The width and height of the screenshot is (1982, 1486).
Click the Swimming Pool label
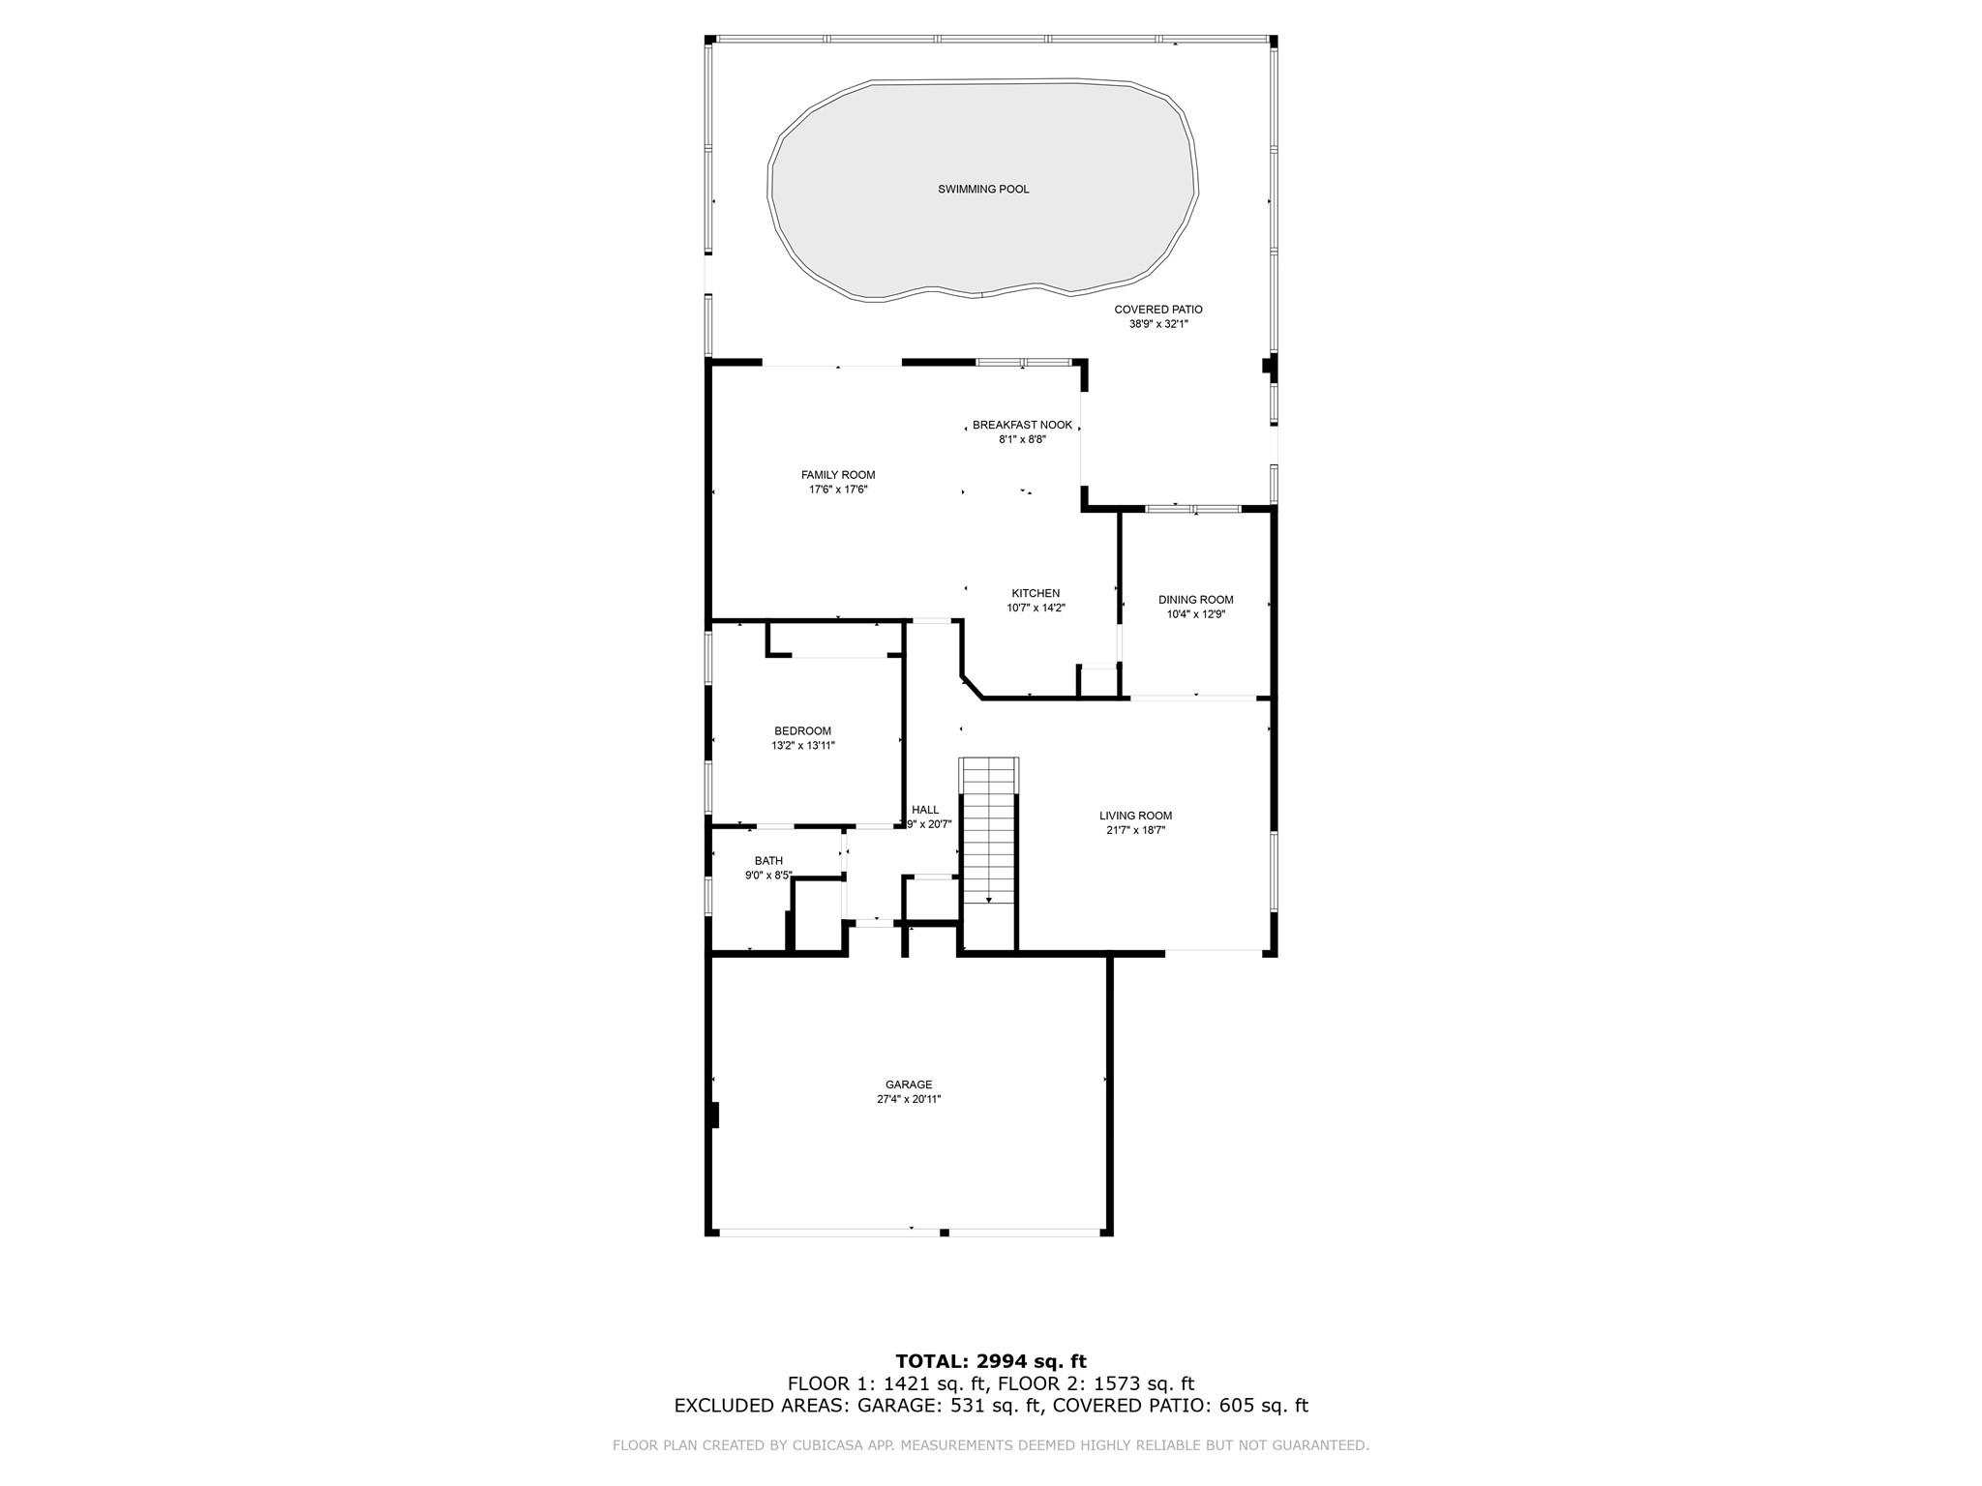coord(983,190)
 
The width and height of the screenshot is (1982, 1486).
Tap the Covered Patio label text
coord(1158,310)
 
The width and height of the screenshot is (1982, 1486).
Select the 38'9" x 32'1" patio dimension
coord(1158,324)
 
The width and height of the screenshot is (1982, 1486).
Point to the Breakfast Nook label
coord(1023,425)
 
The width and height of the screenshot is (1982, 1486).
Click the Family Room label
coord(838,475)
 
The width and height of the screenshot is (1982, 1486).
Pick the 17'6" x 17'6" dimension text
coord(838,490)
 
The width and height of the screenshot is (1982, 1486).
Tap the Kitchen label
coord(1036,593)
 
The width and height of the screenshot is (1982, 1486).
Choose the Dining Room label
coord(1196,600)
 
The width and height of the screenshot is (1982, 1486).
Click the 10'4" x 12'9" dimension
coord(1196,613)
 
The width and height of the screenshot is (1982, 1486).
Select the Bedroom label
coord(802,731)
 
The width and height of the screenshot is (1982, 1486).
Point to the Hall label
coord(925,810)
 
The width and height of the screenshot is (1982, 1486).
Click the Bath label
coord(769,861)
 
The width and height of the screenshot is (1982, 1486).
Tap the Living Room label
coord(1135,816)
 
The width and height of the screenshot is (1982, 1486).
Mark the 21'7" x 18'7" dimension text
coord(1135,830)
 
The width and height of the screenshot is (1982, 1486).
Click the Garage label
coord(909,1085)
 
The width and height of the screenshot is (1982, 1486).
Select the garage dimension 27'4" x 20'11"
coord(909,1099)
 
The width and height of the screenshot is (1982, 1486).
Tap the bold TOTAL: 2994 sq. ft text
coord(991,1362)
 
